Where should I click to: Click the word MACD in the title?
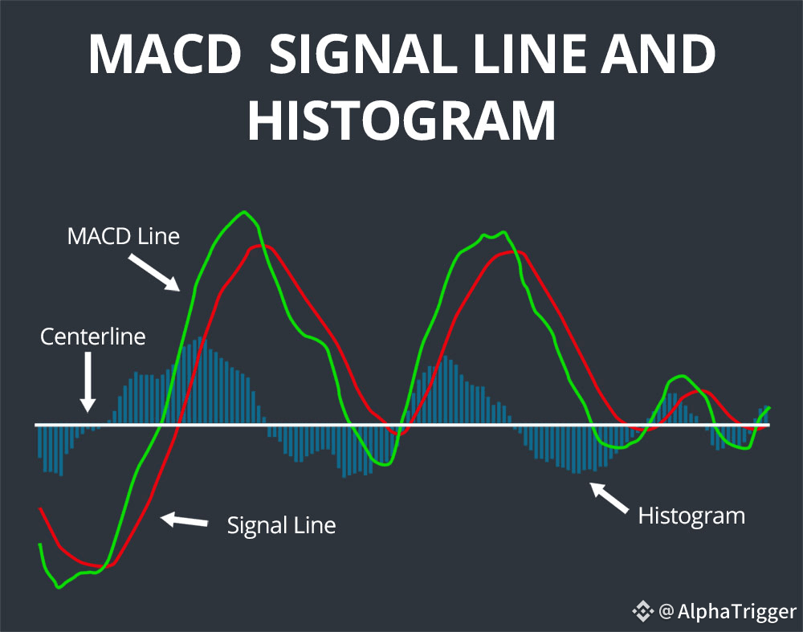tap(165, 55)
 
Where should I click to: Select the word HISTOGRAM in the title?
tap(401, 120)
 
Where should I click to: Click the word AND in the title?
tap(656, 55)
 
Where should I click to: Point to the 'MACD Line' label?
tap(123, 237)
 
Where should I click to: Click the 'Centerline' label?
tap(93, 336)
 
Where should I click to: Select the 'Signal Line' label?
tap(281, 526)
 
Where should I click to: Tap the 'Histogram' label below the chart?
tap(691, 515)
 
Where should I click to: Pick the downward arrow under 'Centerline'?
tap(88, 384)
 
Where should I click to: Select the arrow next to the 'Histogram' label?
tap(609, 497)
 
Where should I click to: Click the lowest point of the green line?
tap(58, 587)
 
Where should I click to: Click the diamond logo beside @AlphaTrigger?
tap(643, 612)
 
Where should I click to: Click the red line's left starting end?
tap(40, 509)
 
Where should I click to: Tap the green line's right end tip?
tap(768, 408)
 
